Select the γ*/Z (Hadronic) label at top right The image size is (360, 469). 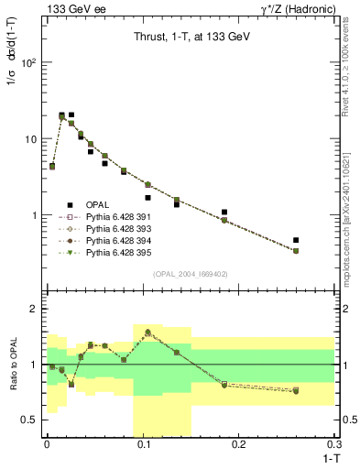pyautogui.click(x=298, y=8)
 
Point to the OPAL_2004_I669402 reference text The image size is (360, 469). pyautogui.click(x=183, y=273)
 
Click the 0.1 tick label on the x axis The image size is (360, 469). pyautogui.click(x=143, y=445)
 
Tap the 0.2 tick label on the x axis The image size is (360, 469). pyautogui.click(x=240, y=445)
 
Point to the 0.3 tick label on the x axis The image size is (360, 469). pyautogui.click(x=335, y=445)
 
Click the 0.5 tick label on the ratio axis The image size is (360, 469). pyautogui.click(x=32, y=420)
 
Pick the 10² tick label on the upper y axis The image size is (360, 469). pyautogui.click(x=30, y=63)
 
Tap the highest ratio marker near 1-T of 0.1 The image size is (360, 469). pyautogui.click(x=147, y=333)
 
